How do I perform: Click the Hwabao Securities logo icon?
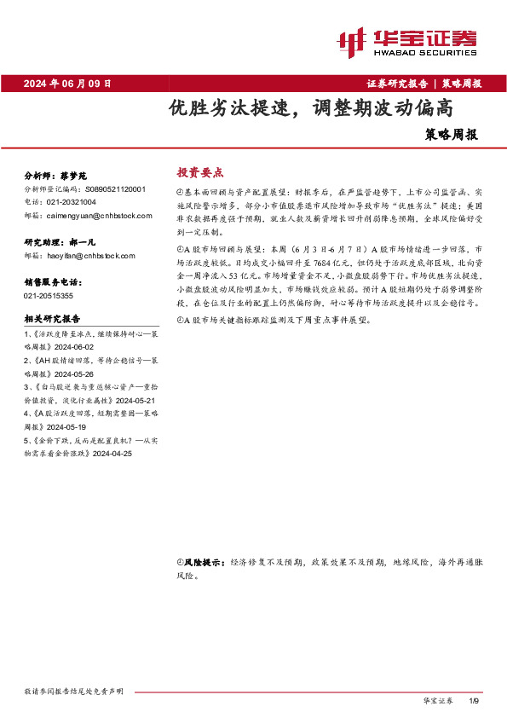351,40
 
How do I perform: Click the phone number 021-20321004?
71,202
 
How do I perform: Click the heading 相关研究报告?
52,319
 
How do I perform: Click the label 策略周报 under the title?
452,135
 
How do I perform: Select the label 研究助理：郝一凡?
57,242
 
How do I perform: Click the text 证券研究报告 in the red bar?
397,84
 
